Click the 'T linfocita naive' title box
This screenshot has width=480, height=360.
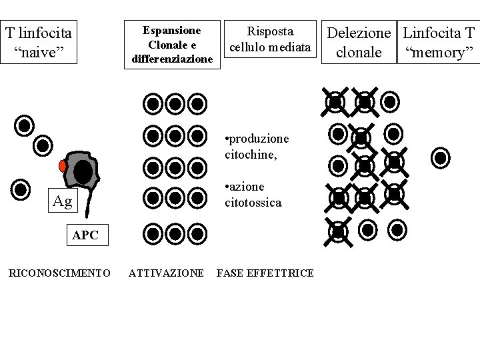(x=39, y=41)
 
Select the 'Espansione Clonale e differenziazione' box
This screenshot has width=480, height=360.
(x=173, y=45)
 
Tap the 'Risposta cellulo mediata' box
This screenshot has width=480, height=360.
(x=269, y=40)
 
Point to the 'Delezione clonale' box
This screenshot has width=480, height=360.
(x=359, y=42)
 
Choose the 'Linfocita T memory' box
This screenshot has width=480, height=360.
(x=439, y=42)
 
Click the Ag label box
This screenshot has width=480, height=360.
(x=62, y=201)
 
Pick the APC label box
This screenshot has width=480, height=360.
(x=85, y=235)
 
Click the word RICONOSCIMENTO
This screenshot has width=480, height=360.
(x=59, y=273)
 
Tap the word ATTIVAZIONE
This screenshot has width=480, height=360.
(x=166, y=273)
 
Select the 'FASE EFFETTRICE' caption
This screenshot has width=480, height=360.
(x=265, y=273)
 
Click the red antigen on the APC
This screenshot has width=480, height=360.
(x=63, y=165)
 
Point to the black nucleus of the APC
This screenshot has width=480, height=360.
(x=83, y=173)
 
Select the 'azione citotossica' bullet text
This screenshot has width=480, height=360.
(x=253, y=194)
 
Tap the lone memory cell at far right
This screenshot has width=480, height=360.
(x=440, y=158)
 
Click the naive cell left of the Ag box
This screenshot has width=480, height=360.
(x=21, y=189)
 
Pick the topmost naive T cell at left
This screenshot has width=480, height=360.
(x=24, y=125)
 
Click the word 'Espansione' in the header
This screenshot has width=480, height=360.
(x=173, y=31)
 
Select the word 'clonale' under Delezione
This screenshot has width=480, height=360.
(x=359, y=52)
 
